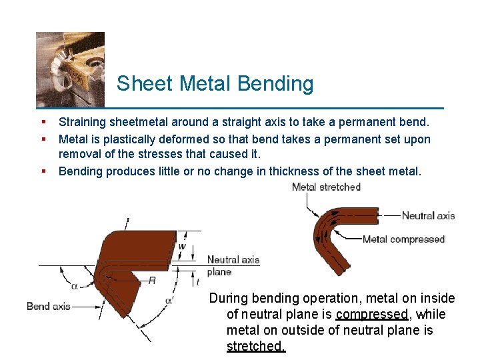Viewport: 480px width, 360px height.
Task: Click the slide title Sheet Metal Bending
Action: pos(215,83)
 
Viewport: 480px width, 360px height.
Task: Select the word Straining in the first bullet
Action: pos(82,123)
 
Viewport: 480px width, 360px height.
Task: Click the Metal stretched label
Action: pos(326,187)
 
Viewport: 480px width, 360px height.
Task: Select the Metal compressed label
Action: pos(403,239)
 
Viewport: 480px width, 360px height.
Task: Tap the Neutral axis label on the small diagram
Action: pos(428,215)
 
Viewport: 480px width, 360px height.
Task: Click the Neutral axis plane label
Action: pos(233,265)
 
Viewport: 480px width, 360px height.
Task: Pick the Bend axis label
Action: pos(48,306)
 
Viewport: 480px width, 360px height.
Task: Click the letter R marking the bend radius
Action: pos(152,281)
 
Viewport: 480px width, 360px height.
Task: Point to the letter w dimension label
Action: pos(182,246)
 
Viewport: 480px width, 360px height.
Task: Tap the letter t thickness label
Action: pos(197,282)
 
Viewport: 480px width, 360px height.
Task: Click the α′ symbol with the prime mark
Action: pos(169,300)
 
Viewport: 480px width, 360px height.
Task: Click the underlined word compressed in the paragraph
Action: pos(372,314)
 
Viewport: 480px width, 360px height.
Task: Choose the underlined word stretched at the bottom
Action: pos(255,346)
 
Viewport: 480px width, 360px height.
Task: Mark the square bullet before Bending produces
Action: pos(43,171)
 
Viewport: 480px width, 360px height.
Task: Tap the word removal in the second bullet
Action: pos(79,155)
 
